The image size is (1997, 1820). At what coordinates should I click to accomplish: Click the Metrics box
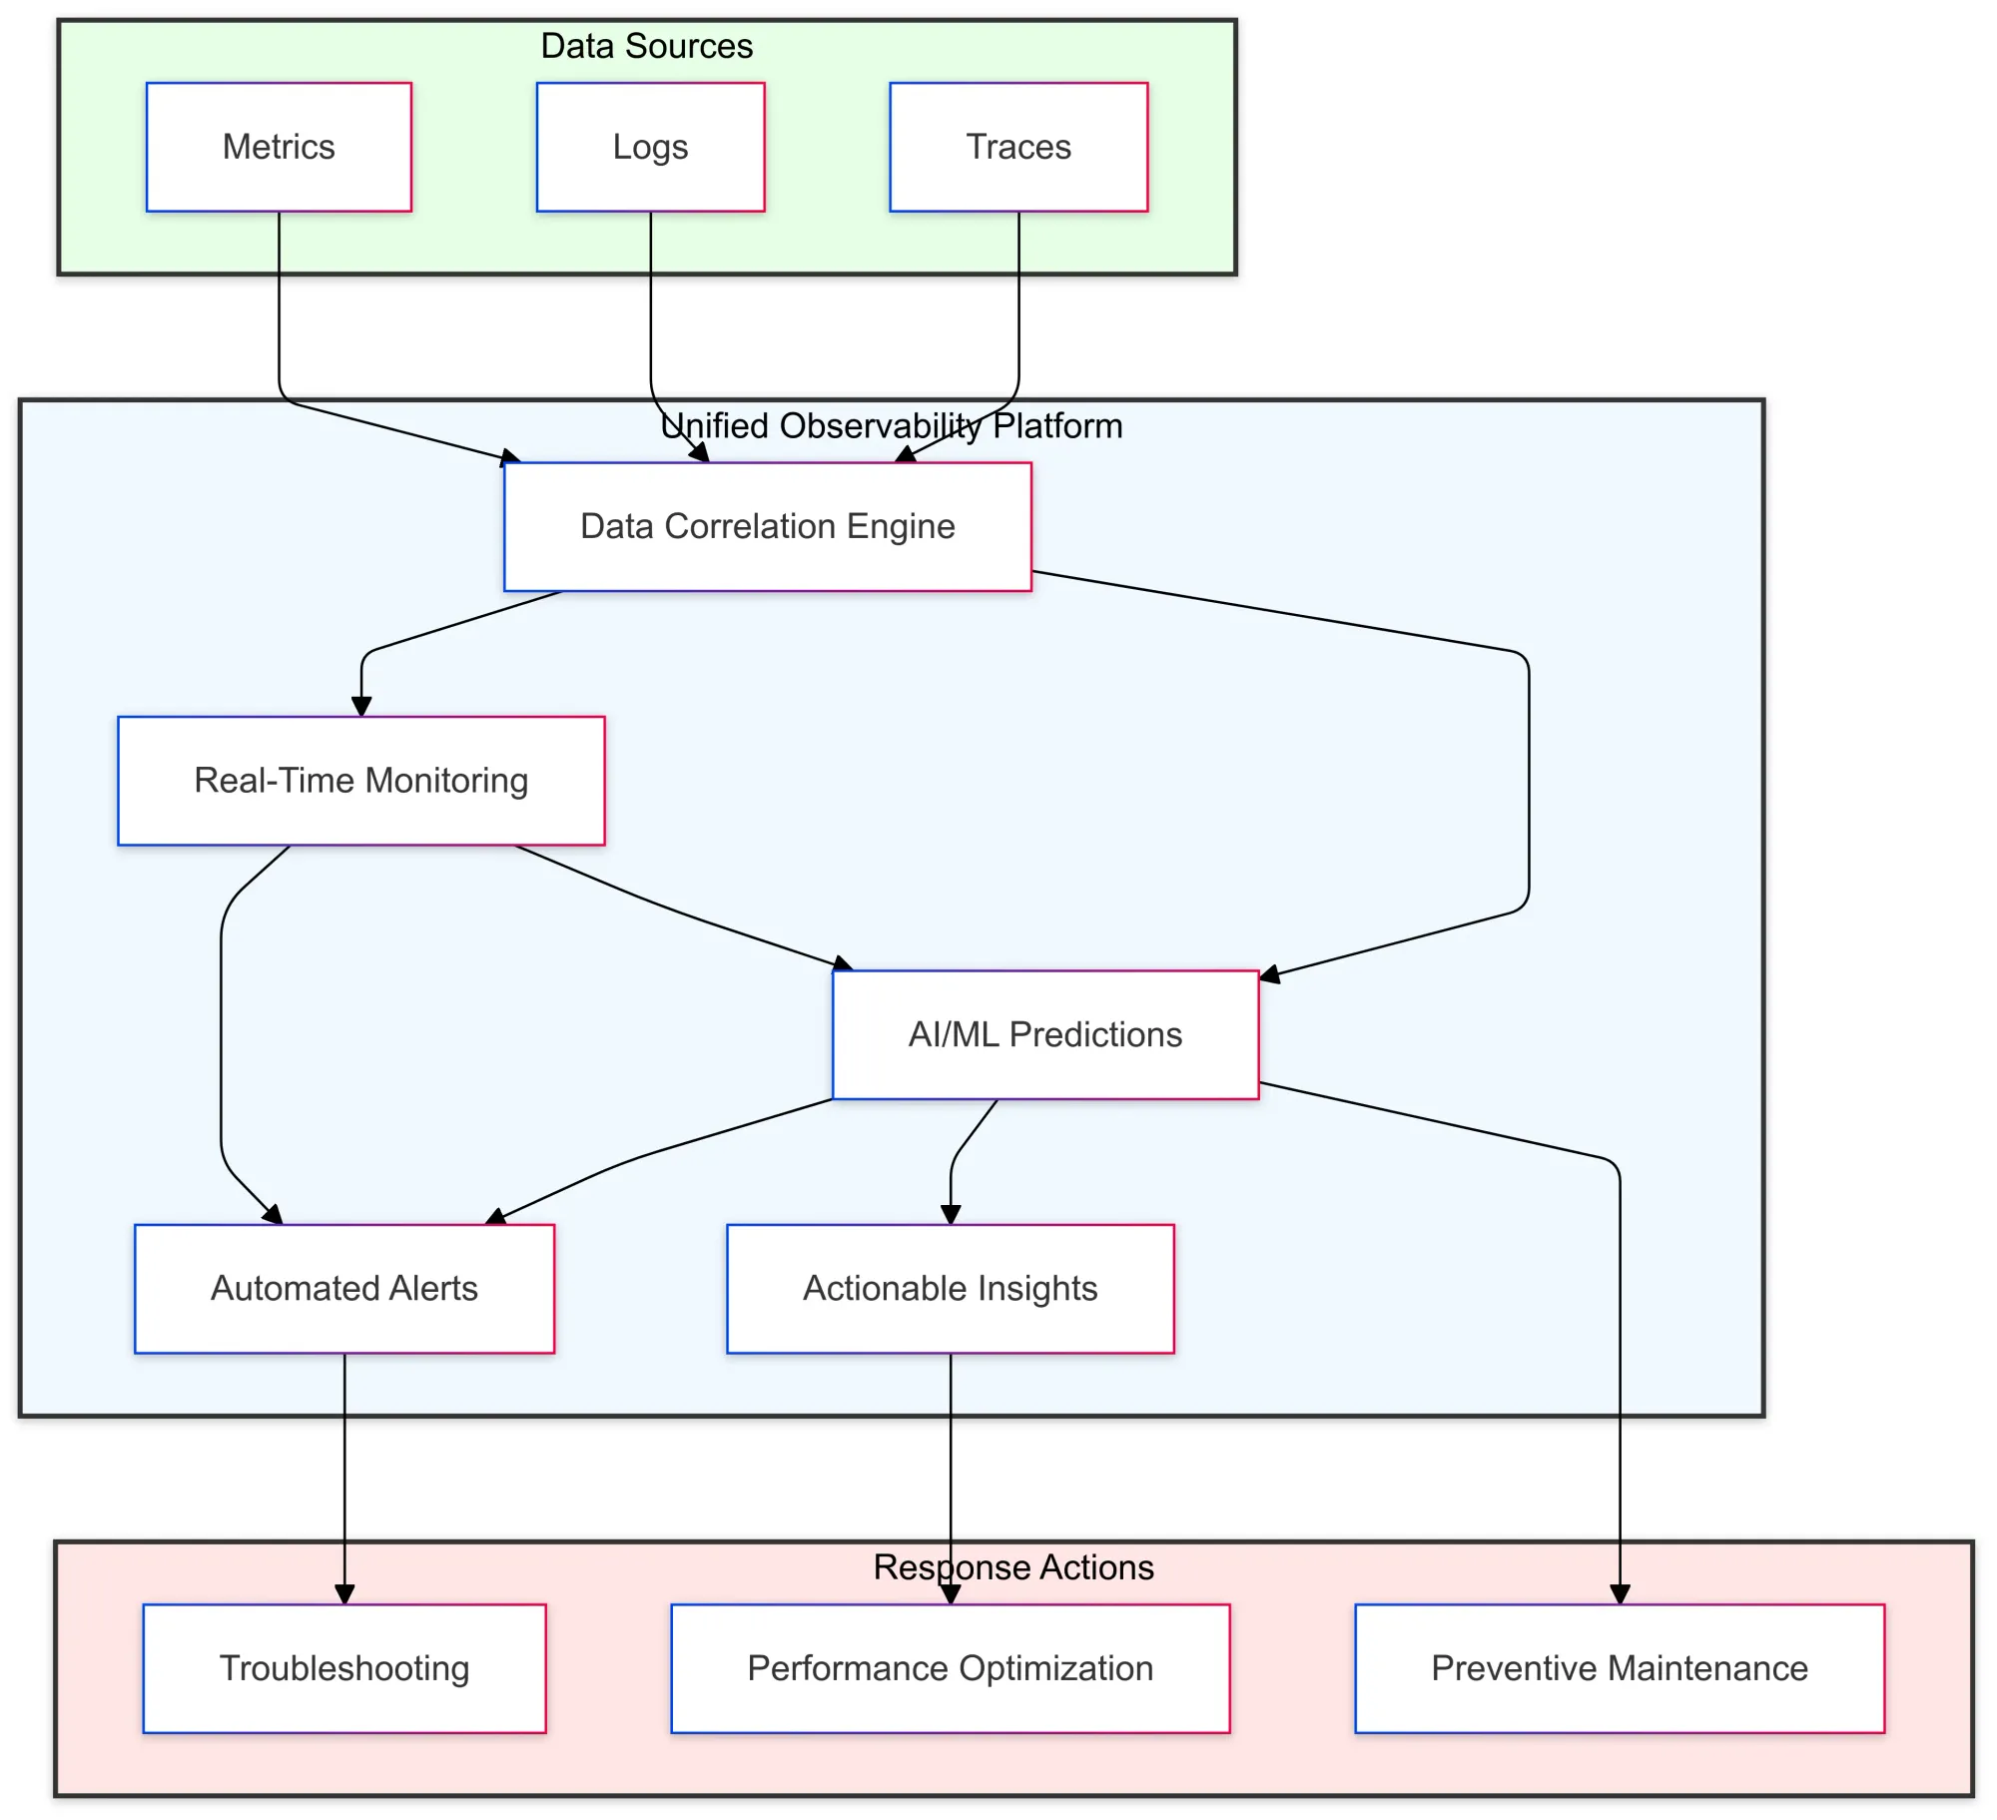[x=279, y=147]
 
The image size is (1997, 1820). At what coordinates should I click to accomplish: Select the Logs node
[x=650, y=147]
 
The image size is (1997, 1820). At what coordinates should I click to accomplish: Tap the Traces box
[x=1018, y=147]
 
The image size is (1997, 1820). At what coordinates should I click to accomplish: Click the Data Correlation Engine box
[x=767, y=526]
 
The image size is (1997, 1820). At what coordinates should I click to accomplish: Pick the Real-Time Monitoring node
[x=360, y=780]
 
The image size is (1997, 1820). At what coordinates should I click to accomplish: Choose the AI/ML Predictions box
[x=1044, y=1034]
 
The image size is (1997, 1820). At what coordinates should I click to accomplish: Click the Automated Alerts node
[x=343, y=1288]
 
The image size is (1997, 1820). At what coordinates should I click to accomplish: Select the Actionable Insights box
[x=950, y=1288]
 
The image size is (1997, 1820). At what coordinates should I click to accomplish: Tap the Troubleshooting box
[x=343, y=1668]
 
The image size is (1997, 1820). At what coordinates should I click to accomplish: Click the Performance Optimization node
[x=950, y=1668]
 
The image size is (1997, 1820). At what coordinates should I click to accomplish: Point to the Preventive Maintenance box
[x=1619, y=1668]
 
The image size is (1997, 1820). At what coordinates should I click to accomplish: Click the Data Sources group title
[x=646, y=46]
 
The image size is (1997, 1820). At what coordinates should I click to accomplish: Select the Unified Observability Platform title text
[x=891, y=426]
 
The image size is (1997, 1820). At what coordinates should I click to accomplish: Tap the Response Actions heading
[x=1012, y=1567]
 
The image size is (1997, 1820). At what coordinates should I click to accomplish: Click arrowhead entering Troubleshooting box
[x=344, y=1594]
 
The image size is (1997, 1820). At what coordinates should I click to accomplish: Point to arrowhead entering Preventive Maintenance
[x=1620, y=1594]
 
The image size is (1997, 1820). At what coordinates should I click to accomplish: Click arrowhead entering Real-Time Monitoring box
[x=361, y=706]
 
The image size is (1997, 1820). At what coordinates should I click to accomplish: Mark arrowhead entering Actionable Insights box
[x=951, y=1214]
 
